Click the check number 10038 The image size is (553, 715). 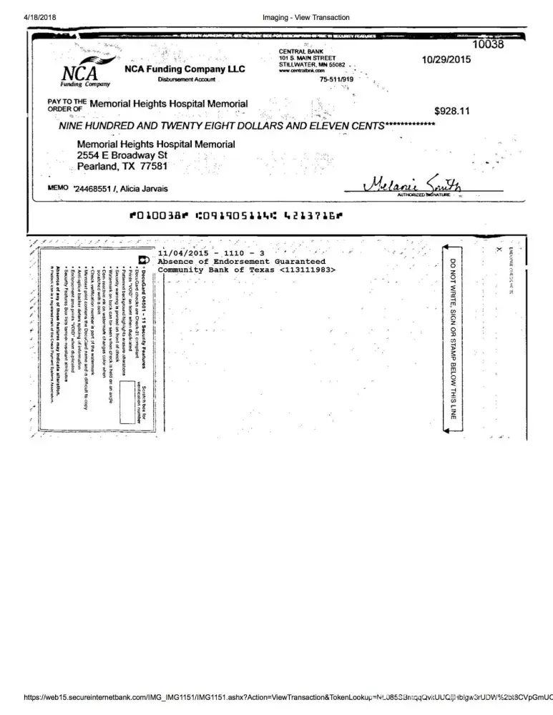pyautogui.click(x=489, y=44)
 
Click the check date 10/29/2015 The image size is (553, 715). pyautogui.click(x=447, y=59)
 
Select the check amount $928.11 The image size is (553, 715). pyautogui.click(x=452, y=111)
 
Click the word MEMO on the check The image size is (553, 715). pyautogui.click(x=57, y=187)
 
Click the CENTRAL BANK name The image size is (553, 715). pyautogui.click(x=301, y=52)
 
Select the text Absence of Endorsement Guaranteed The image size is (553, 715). pyautogui.click(x=241, y=262)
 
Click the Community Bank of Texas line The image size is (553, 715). pyautogui.click(x=246, y=270)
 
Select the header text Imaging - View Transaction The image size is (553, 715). pyautogui.click(x=306, y=17)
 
